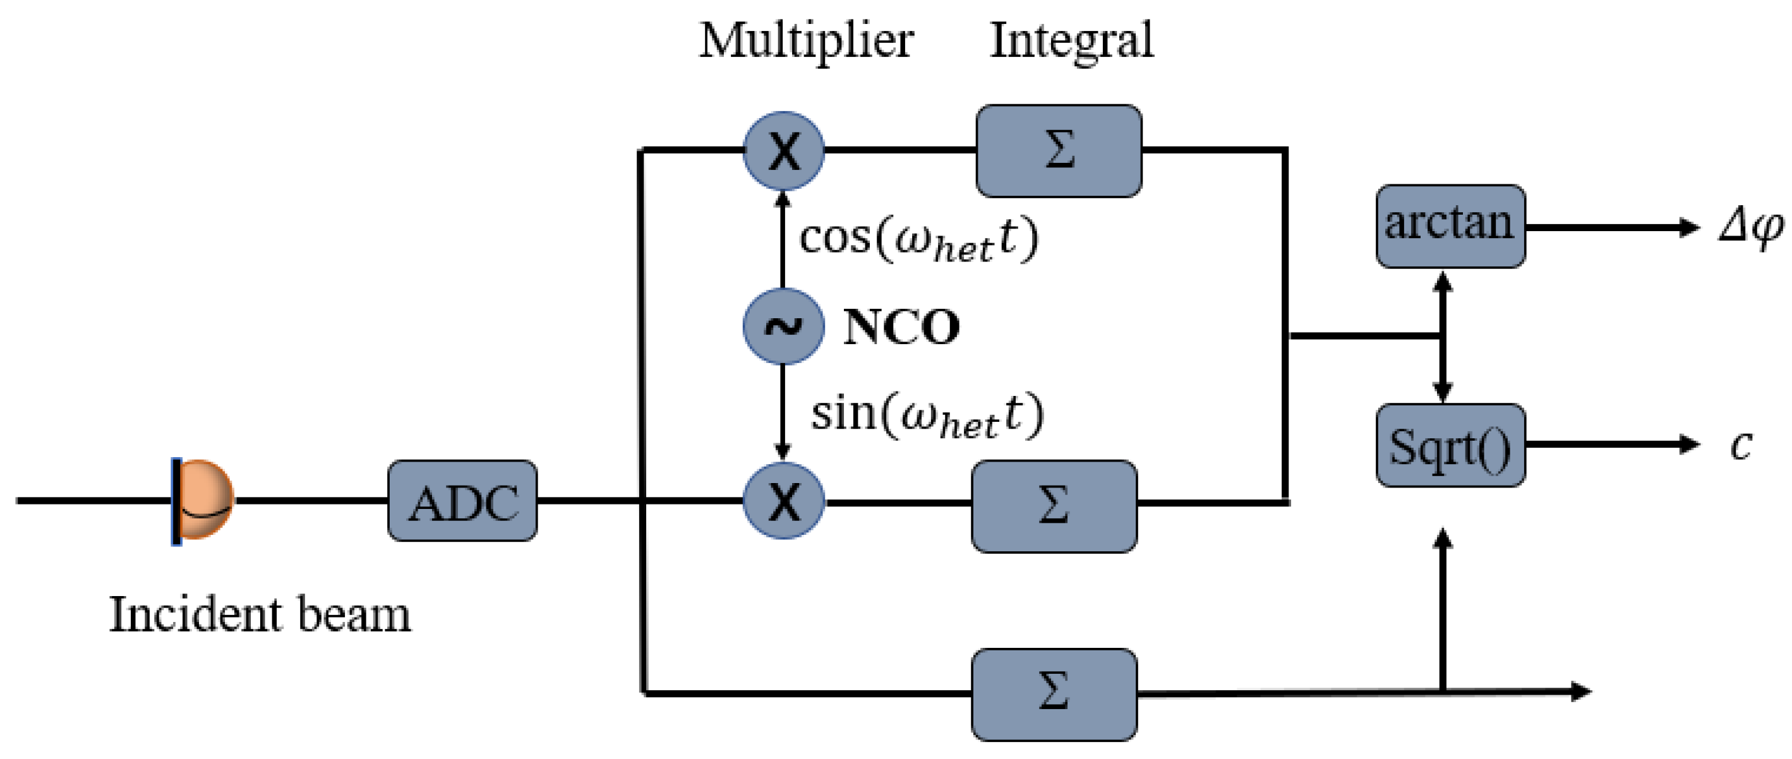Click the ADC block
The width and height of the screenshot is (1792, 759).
click(462, 501)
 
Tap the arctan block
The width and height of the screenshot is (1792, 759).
click(1450, 226)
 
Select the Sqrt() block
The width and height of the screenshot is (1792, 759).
click(1450, 445)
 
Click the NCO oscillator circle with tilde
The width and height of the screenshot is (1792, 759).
click(783, 326)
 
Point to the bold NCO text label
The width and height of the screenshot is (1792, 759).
click(901, 326)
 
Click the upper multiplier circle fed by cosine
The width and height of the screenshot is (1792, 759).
click(783, 151)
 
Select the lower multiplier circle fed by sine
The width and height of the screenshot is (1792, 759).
click(783, 501)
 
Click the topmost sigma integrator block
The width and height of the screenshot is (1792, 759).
click(1058, 151)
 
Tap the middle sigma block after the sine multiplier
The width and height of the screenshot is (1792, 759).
click(1054, 506)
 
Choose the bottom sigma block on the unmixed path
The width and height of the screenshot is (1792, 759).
click(1054, 693)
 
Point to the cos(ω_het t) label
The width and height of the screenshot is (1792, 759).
click(918, 240)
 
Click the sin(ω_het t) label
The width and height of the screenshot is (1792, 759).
click(927, 415)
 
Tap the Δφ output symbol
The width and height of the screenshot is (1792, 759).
click(1750, 227)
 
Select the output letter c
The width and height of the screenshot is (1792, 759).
click(1741, 445)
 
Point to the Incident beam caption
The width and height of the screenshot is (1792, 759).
click(260, 615)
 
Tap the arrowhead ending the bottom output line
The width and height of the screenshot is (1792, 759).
click(1580, 691)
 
